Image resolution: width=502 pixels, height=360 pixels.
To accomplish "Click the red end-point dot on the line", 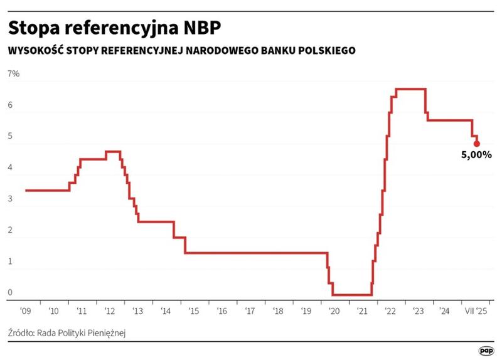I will [x=477, y=144].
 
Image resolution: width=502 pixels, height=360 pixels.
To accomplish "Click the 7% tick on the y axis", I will [x=14, y=74].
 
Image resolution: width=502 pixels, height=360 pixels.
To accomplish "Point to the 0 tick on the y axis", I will [x=10, y=292].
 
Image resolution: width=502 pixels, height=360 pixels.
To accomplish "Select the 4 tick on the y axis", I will [x=10, y=168].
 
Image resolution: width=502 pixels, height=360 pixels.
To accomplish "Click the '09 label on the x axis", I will [x=25, y=310].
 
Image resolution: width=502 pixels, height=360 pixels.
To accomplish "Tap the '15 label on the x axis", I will [x=193, y=310].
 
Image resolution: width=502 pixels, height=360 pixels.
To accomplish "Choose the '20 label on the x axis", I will [x=333, y=310].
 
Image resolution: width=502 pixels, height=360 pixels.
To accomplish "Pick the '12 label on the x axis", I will [x=109, y=310].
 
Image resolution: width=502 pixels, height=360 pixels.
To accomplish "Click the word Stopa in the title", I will [x=31, y=29].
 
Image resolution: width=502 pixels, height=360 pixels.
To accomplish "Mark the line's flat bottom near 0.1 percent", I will [x=351, y=295].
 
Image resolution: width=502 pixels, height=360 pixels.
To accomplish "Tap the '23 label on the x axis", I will [x=416, y=310].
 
